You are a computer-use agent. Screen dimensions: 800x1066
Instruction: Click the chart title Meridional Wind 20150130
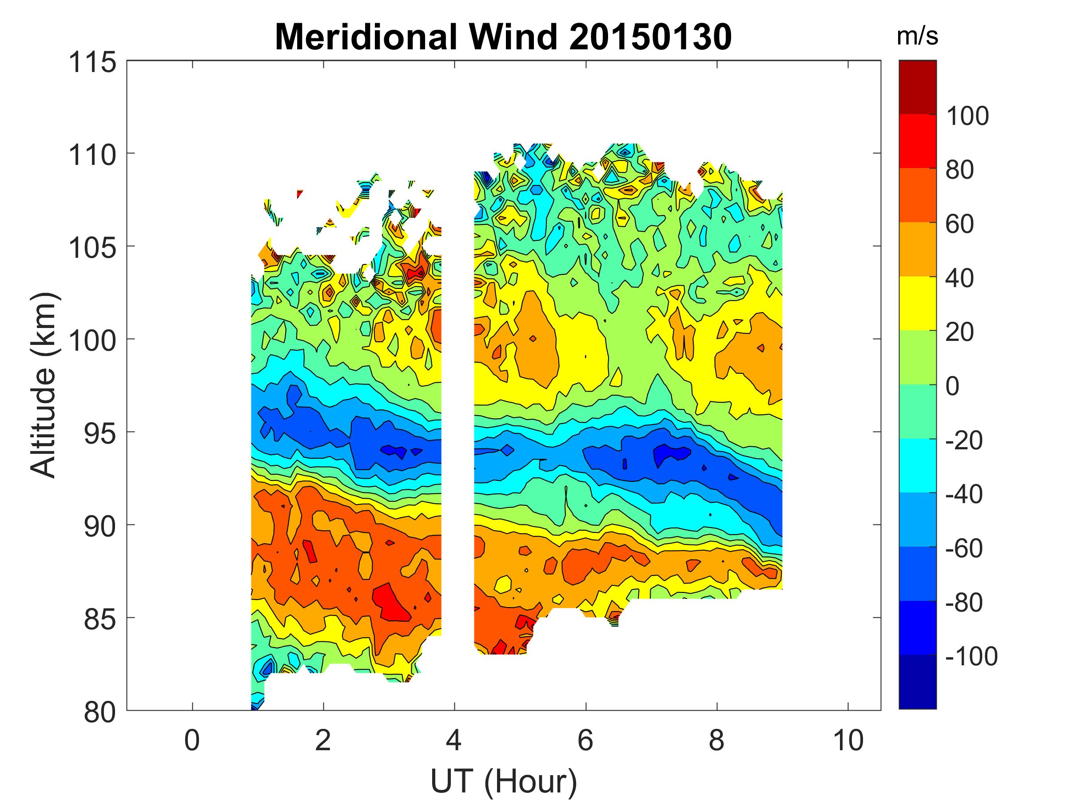pos(503,37)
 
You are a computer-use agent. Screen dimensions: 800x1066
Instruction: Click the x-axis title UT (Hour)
pos(504,781)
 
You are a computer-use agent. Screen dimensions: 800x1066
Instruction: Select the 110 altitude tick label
pos(92,155)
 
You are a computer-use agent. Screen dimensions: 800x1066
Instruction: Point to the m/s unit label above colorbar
pos(917,36)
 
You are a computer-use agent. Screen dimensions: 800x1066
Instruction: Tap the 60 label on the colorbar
pos(960,224)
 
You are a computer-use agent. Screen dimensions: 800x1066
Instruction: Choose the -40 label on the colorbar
pos(964,494)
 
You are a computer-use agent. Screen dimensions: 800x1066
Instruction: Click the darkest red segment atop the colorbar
pos(918,87)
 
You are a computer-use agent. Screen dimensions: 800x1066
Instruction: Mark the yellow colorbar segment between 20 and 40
pos(918,303)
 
